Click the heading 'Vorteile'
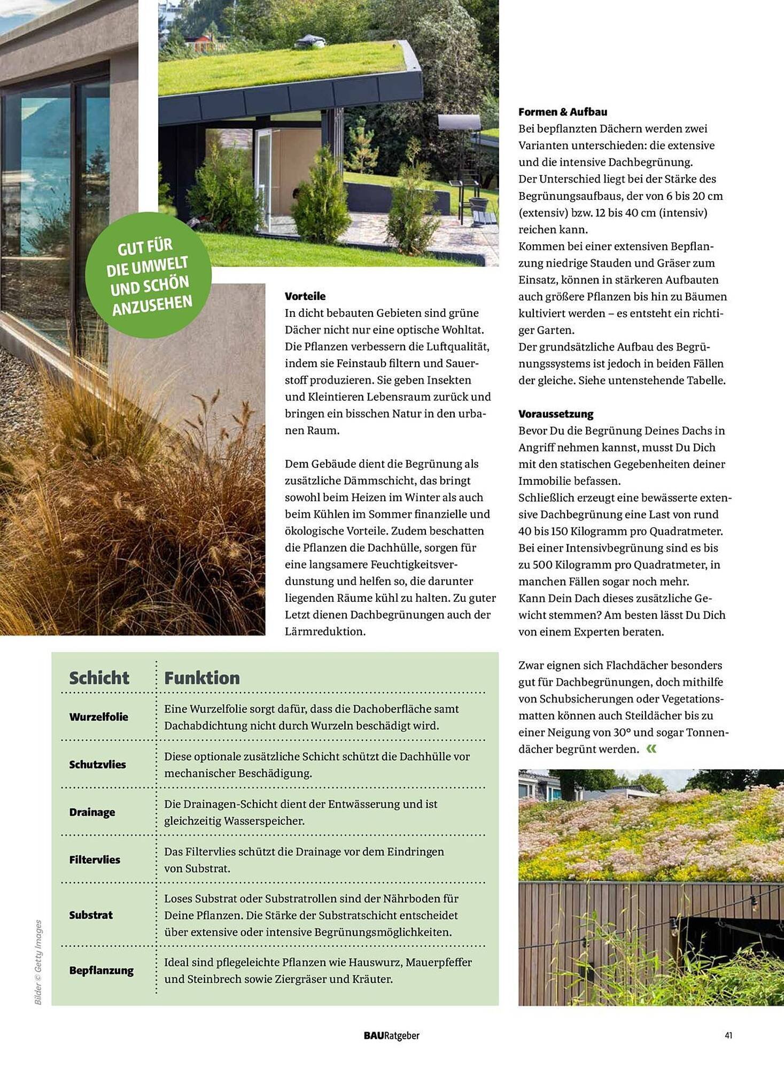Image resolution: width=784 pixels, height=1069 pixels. click(x=305, y=296)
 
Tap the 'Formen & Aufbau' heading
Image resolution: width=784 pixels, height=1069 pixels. click(x=563, y=112)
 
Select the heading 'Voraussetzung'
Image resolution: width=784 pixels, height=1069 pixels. click(x=556, y=414)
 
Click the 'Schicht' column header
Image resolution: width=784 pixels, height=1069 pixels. click(x=99, y=678)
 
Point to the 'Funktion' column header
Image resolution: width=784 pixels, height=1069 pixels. click(x=201, y=678)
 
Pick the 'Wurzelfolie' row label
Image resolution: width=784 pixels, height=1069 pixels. click(x=98, y=717)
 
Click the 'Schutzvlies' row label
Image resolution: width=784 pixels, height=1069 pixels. click(x=97, y=764)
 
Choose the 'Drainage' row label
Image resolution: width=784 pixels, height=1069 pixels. click(x=92, y=812)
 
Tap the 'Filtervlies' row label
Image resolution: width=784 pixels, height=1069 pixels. click(x=95, y=859)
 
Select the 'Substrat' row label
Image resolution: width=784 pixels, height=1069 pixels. click(x=91, y=915)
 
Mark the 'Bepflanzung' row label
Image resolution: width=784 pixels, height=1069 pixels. click(x=101, y=970)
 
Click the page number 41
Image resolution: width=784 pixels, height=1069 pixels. click(x=728, y=1035)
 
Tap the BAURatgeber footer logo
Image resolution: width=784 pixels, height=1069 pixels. click(x=391, y=1035)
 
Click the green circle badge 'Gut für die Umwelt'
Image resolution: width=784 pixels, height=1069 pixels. click(x=149, y=275)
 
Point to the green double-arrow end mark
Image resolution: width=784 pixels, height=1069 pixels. click(x=651, y=749)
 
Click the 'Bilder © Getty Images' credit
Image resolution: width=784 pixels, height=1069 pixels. click(x=38, y=962)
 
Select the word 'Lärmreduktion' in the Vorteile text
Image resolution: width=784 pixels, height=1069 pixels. click(x=324, y=631)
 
